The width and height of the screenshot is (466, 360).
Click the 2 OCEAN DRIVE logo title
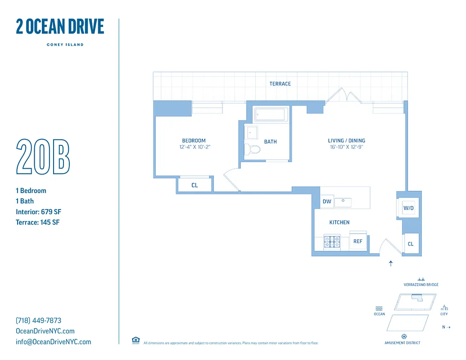click(x=60, y=27)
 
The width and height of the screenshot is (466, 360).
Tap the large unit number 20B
click(x=43, y=157)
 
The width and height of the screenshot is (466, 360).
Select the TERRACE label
click(x=280, y=84)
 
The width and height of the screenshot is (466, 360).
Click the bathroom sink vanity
click(x=252, y=133)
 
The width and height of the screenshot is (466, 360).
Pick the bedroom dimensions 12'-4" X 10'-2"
click(x=194, y=147)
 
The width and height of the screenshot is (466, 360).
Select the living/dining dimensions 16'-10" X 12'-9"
click(x=346, y=147)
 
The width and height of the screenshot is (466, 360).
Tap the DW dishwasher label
click(x=327, y=202)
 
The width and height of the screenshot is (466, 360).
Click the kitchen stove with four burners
click(x=332, y=243)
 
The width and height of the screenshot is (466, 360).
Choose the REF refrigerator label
click(x=358, y=242)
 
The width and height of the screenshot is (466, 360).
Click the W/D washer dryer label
click(x=408, y=208)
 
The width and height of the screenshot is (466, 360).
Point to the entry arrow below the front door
click(x=390, y=264)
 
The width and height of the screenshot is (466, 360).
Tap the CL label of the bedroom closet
click(x=195, y=185)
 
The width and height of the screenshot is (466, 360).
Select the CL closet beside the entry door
click(x=411, y=244)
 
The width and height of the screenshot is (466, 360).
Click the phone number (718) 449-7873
click(x=38, y=320)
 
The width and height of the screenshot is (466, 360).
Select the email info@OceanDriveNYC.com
click(x=53, y=342)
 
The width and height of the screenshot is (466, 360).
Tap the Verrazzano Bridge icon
click(x=421, y=279)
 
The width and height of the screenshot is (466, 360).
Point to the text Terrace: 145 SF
click(x=37, y=222)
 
